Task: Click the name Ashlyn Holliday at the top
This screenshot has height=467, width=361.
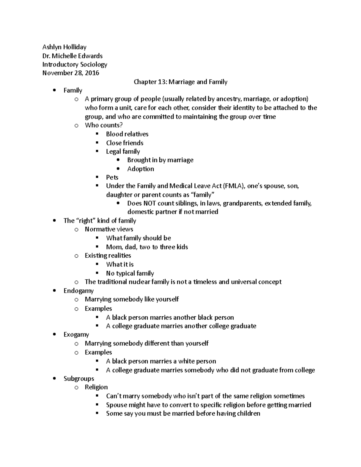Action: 64,47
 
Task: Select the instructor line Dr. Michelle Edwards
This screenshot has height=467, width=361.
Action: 72,56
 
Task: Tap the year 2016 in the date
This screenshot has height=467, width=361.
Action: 92,73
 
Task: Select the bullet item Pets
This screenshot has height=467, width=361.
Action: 112,177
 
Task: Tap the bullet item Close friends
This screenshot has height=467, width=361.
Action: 125,143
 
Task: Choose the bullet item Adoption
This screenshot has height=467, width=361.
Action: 140,169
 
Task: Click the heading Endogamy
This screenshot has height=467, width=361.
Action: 79,291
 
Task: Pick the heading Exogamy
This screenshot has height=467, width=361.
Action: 76,335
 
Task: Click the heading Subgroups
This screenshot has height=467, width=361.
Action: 79,379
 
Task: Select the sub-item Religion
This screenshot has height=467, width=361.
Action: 96,387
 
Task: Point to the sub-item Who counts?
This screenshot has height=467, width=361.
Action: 104,125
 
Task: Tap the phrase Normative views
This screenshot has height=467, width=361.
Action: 109,229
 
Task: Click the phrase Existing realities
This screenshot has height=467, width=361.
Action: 108,256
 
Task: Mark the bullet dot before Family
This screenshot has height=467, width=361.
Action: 54,91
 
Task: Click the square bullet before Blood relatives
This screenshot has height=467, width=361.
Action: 97,134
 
